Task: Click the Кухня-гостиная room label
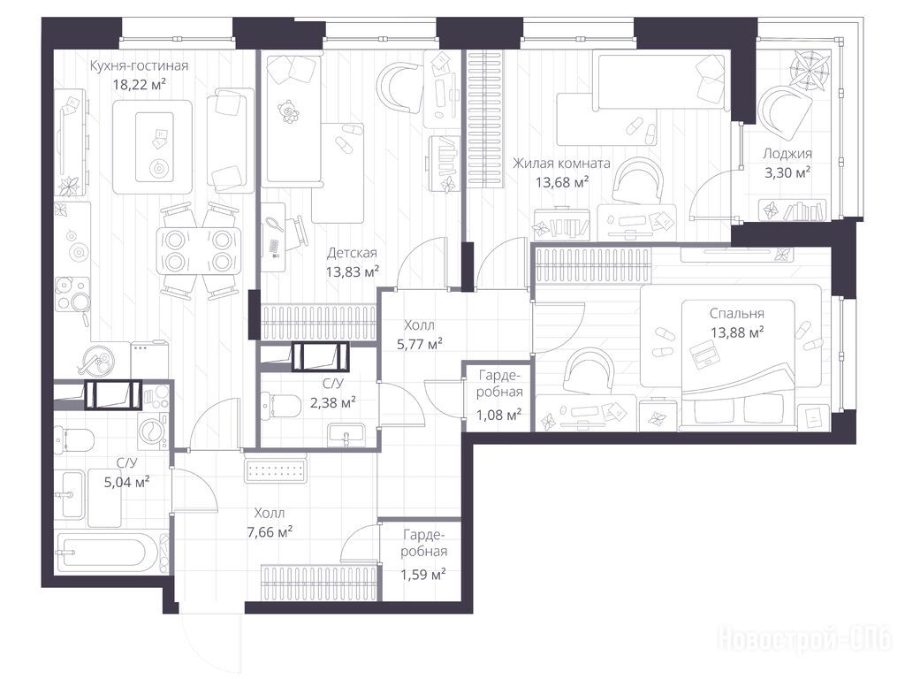coord(139,65)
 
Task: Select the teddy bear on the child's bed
coord(288,112)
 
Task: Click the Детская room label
coord(352,253)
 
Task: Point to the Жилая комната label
coord(561,164)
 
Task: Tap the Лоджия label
coord(787,154)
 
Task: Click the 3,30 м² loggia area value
coord(787,172)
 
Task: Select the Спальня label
coord(737,314)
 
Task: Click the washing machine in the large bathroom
coord(153,431)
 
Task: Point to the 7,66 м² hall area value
coord(270,531)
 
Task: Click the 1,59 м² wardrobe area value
coord(423,575)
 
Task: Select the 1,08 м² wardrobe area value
coord(498,415)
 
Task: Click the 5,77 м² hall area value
coord(420,345)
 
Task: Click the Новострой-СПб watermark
coord(804,639)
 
